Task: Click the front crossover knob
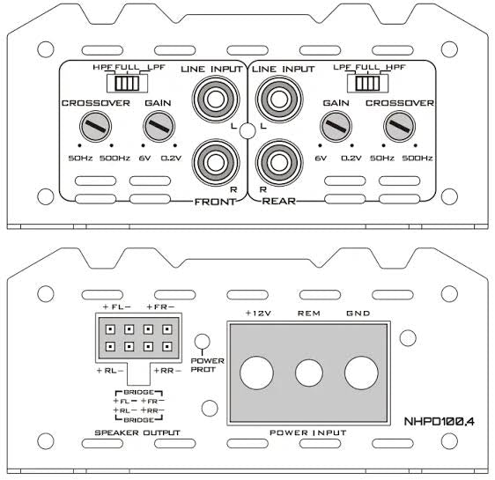click(x=95, y=126)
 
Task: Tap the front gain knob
click(x=159, y=126)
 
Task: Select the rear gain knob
click(x=336, y=126)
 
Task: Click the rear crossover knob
click(x=399, y=126)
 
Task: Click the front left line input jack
click(x=216, y=99)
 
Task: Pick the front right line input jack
click(x=216, y=162)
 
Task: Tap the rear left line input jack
click(x=279, y=99)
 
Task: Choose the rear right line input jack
click(x=279, y=162)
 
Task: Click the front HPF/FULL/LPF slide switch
click(x=127, y=83)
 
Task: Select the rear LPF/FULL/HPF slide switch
click(x=368, y=83)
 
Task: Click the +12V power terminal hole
click(x=256, y=373)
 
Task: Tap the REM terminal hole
click(x=309, y=373)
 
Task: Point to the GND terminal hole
click(x=361, y=373)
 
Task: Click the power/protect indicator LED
click(x=202, y=341)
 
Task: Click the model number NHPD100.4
click(x=440, y=422)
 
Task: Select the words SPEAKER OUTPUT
click(x=137, y=432)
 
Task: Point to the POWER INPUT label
click(x=308, y=432)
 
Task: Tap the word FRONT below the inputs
click(x=215, y=202)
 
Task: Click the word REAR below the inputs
click(x=279, y=201)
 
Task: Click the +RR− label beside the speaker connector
click(x=167, y=371)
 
